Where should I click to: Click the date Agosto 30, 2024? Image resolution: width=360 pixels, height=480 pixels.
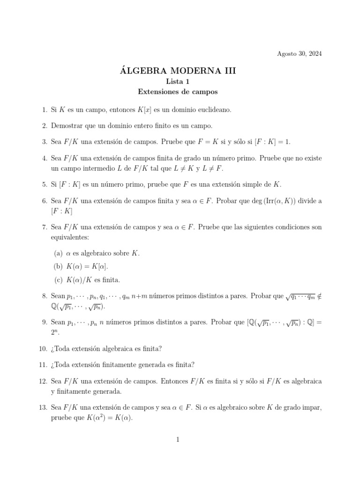(x=300, y=53)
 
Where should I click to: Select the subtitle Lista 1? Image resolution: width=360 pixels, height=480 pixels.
(x=180, y=82)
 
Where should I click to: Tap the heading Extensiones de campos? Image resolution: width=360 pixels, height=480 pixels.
(x=180, y=92)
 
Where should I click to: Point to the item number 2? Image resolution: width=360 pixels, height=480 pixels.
(x=44, y=126)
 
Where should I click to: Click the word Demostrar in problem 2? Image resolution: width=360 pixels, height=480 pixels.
(x=66, y=126)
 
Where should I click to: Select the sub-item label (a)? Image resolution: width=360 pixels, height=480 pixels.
(x=59, y=254)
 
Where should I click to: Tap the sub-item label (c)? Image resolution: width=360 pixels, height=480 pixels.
(x=59, y=280)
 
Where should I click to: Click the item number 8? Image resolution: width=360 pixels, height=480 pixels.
(x=44, y=296)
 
